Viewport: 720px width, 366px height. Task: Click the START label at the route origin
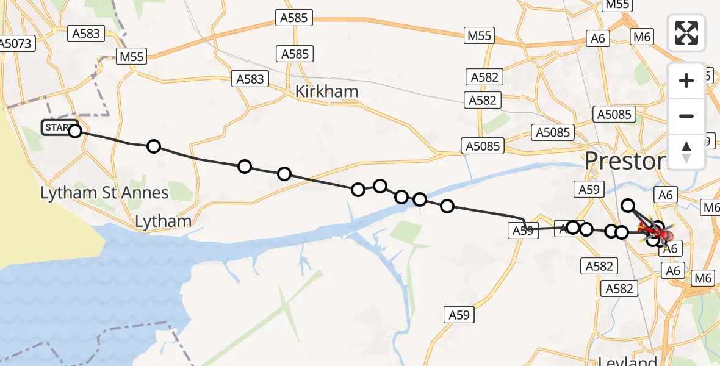click(57, 127)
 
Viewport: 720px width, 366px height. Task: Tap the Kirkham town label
click(326, 91)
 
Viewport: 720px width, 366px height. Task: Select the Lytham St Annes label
click(104, 193)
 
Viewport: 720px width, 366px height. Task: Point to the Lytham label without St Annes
click(163, 221)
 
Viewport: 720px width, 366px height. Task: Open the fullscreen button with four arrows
click(686, 32)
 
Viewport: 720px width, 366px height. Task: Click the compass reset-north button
click(686, 152)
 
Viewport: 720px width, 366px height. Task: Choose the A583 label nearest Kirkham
click(250, 79)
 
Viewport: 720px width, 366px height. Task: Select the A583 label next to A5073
click(85, 34)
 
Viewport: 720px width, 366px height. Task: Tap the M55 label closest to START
click(131, 57)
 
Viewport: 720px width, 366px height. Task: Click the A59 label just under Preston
click(589, 189)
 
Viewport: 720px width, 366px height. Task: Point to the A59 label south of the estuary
click(459, 315)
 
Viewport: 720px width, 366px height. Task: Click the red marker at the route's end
click(663, 234)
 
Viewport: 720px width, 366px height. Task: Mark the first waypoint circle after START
click(154, 146)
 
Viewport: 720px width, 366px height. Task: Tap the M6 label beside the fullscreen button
click(642, 37)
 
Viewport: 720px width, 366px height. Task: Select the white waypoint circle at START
click(74, 131)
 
